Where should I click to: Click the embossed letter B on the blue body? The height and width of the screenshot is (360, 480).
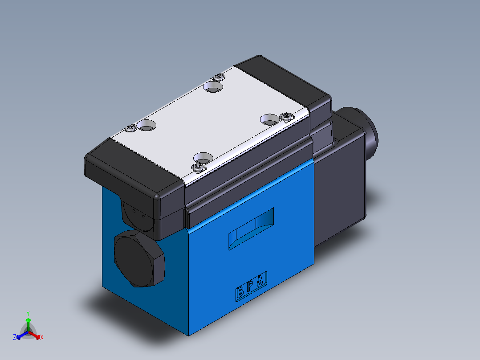click(x=240, y=292)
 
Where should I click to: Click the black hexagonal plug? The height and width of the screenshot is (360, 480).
click(x=139, y=259)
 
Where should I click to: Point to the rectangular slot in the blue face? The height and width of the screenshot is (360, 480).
click(x=251, y=229)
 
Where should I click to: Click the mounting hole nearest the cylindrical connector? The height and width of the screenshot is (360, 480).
click(x=269, y=119)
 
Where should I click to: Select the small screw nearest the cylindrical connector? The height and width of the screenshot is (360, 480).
click(x=286, y=117)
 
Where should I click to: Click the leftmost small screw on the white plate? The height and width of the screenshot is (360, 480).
click(x=130, y=128)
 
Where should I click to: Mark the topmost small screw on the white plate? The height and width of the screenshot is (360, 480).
click(x=218, y=77)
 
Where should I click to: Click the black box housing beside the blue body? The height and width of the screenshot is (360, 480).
click(x=341, y=187)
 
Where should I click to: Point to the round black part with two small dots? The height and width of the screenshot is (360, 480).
click(x=134, y=217)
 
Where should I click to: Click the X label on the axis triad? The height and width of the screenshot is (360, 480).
click(x=42, y=338)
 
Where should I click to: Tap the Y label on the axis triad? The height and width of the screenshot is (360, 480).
click(x=28, y=313)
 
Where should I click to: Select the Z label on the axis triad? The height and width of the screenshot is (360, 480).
click(x=15, y=337)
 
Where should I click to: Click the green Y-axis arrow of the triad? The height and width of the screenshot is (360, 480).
click(x=28, y=323)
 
